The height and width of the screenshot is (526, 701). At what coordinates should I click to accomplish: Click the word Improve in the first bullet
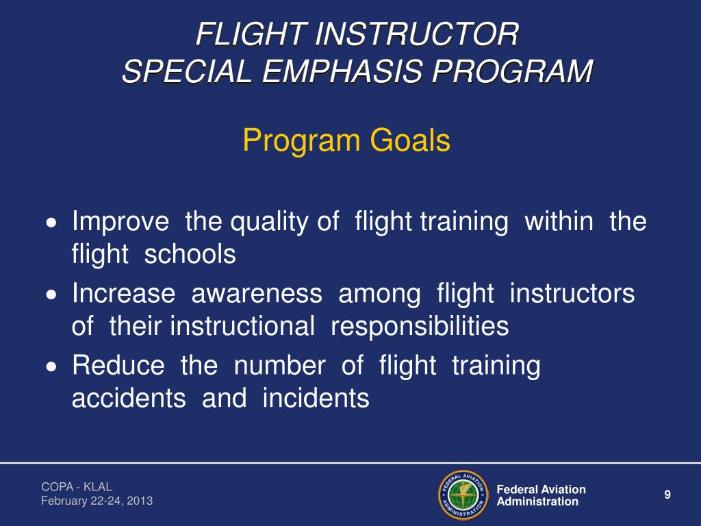(x=120, y=222)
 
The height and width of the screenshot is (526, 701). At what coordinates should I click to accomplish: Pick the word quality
(x=270, y=222)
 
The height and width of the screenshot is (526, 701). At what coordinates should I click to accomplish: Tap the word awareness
(x=257, y=294)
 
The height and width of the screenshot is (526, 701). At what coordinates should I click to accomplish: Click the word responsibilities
(x=420, y=327)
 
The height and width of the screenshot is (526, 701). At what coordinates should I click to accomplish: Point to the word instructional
(x=242, y=327)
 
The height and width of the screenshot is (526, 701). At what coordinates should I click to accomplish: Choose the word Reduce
(x=118, y=366)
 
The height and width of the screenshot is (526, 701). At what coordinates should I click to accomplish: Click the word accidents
(x=129, y=399)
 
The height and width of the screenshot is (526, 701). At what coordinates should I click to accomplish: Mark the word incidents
(x=316, y=399)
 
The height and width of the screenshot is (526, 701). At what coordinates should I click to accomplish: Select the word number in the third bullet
(x=279, y=366)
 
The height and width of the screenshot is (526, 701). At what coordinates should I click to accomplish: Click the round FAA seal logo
(x=462, y=494)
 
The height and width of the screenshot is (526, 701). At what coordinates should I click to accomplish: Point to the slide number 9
(x=667, y=495)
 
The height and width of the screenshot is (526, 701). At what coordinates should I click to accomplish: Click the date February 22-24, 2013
(x=97, y=501)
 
